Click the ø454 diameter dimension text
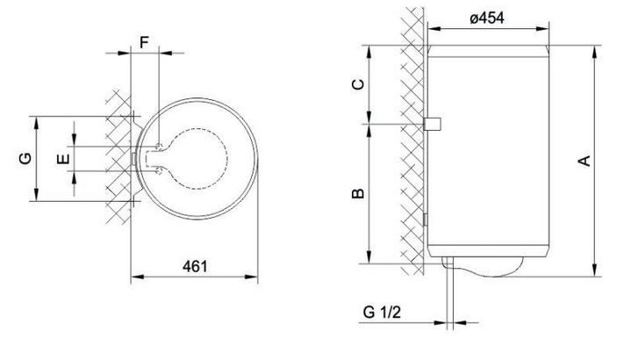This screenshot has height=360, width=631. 487,18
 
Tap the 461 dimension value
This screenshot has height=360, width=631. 195,266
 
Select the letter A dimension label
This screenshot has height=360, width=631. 584,161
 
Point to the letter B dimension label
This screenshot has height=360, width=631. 358,193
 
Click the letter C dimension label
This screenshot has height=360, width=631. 358,84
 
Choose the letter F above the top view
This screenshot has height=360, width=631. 144,42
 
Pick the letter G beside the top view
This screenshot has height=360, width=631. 25,158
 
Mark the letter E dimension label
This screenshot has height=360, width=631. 63,159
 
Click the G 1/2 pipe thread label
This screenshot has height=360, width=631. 382,312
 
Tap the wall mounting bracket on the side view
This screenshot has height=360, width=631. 433,124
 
